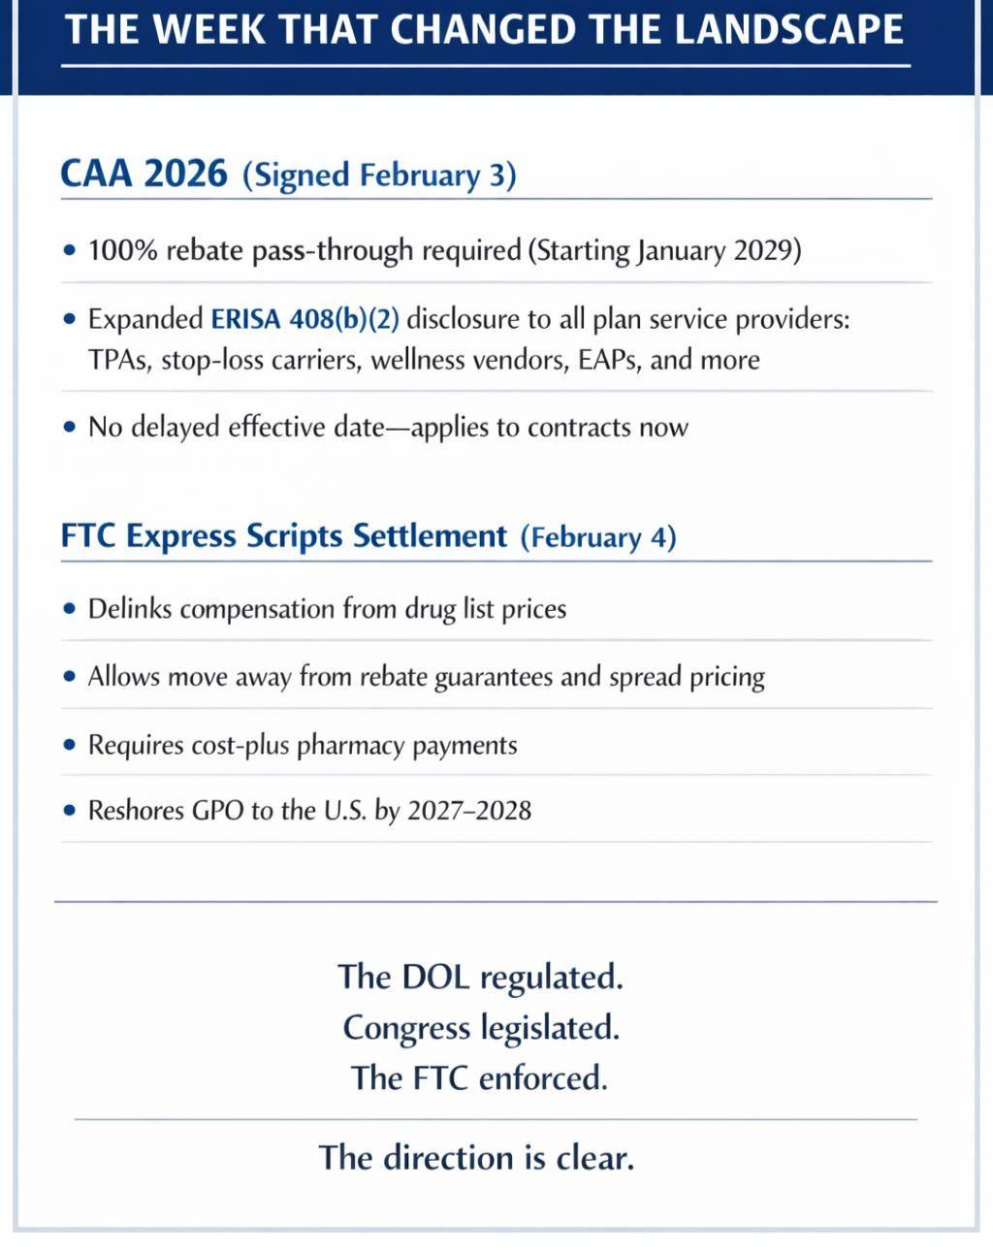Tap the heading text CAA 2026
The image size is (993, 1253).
(144, 174)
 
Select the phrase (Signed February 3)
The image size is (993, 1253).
(379, 176)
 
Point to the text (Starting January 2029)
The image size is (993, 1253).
(664, 251)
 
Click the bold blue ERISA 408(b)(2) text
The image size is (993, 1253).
(305, 319)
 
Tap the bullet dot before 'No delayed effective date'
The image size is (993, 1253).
(69, 427)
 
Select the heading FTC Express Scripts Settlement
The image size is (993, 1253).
(284, 536)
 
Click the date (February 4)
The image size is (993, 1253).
(598, 537)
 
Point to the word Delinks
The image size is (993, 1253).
(130, 609)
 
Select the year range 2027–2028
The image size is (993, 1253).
(469, 811)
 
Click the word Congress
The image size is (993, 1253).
(406, 1028)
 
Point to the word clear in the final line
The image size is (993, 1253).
(594, 1157)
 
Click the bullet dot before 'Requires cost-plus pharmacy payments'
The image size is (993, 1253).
(69, 745)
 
